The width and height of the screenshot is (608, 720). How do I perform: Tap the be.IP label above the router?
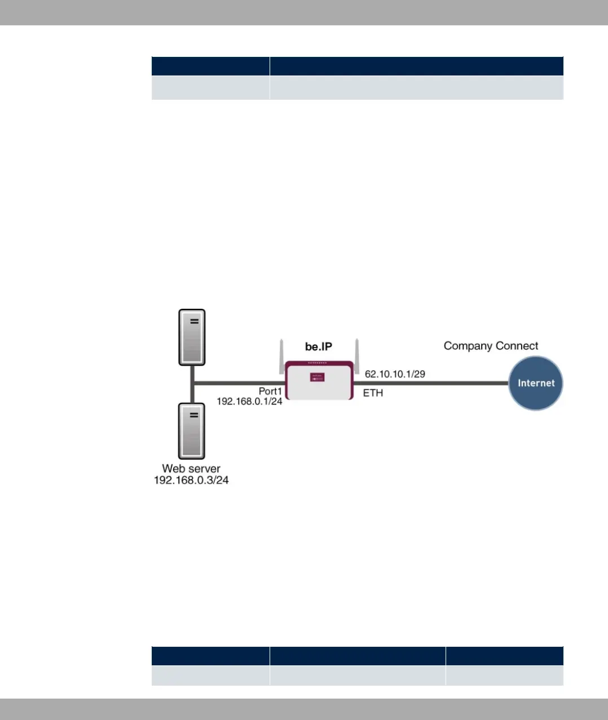click(319, 346)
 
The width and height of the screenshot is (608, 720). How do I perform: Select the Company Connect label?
click(491, 346)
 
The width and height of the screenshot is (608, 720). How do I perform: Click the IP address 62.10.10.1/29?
click(395, 374)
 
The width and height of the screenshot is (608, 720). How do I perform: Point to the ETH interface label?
click(373, 393)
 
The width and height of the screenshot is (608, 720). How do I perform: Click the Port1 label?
click(270, 391)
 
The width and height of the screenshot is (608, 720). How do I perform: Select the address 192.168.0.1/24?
click(249, 402)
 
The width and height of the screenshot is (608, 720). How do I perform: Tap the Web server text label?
click(191, 468)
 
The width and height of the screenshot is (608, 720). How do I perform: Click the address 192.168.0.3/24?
click(191, 481)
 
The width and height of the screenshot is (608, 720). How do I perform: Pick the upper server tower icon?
click(192, 337)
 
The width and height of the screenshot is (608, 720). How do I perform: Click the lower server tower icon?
click(192, 432)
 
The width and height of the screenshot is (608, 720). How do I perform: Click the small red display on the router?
click(317, 377)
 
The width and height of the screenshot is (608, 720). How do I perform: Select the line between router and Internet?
click(431, 383)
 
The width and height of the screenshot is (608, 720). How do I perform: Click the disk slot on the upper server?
click(194, 321)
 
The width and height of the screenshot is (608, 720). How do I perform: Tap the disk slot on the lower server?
click(194, 415)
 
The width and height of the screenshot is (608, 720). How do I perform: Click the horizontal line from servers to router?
click(239, 384)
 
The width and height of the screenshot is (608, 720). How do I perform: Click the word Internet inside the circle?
click(536, 383)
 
